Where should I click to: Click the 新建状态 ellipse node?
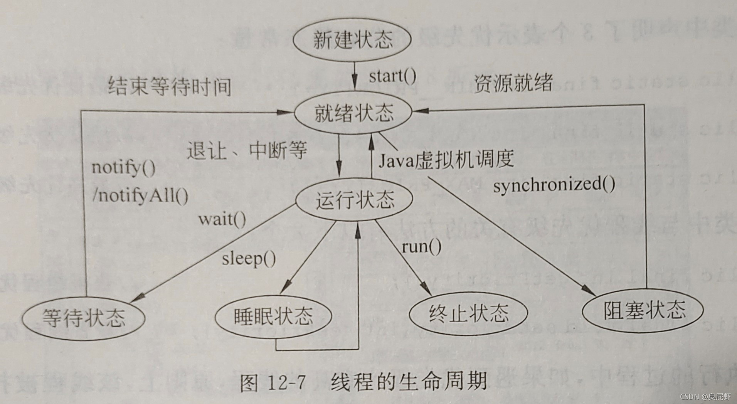pyautogui.click(x=352, y=40)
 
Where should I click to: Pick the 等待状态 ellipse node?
pyautogui.click(x=83, y=318)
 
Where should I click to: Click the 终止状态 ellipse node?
pyautogui.click(x=468, y=313)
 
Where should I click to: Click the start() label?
pyautogui.click(x=392, y=76)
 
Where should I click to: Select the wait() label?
pyautogui.click(x=222, y=220)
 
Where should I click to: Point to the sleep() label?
pyautogui.click(x=249, y=259)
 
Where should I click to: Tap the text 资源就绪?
pyautogui.click(x=513, y=82)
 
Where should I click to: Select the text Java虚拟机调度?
pyautogui.click(x=446, y=159)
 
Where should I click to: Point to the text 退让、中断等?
pyautogui.click(x=247, y=150)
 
